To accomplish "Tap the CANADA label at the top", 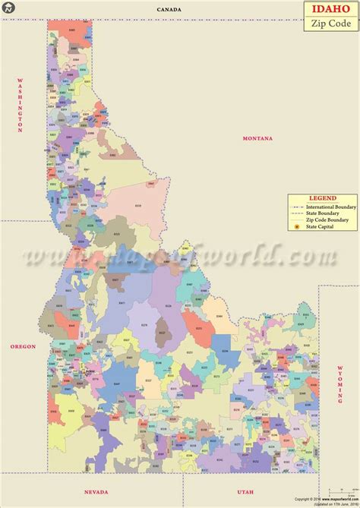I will point(169,8).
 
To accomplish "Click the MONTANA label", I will point(257,137).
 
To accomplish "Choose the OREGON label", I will point(23,346).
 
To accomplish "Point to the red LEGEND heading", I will point(322,199).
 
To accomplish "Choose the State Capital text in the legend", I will point(323,227).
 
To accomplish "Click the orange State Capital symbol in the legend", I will point(296,227).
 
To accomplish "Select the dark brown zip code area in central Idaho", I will point(162,332).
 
